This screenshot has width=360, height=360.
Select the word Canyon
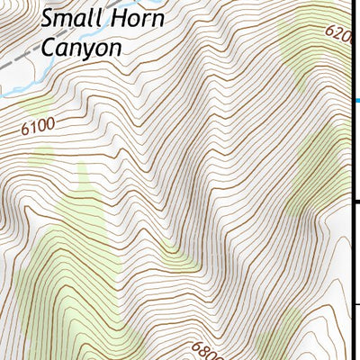(x=81, y=47)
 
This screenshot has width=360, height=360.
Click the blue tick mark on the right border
(x=355, y=101)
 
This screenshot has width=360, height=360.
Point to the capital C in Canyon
(x=50, y=47)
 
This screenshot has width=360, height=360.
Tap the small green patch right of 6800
(x=270, y=346)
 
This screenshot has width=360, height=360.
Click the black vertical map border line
(x=349, y=180)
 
